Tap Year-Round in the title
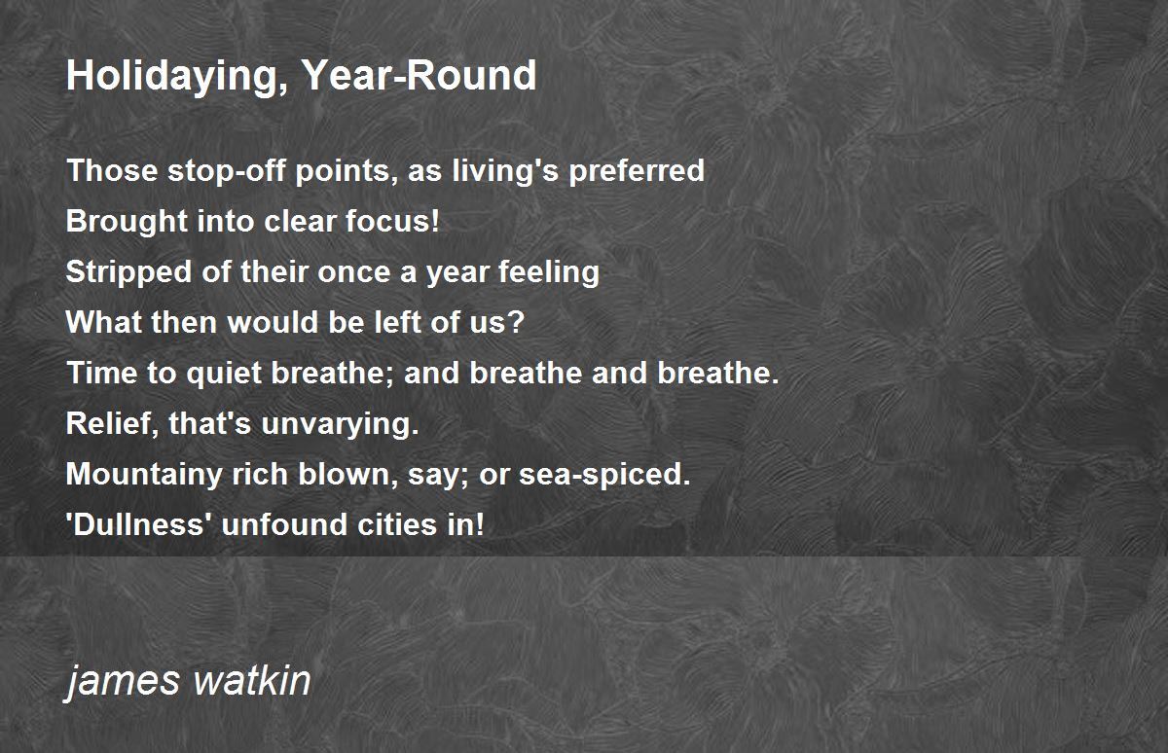[419, 75]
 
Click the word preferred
[637, 172]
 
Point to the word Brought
[127, 222]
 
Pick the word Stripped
[128, 272]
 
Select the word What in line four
[104, 322]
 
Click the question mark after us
[515, 322]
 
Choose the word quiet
[224, 374]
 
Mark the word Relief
[112, 423]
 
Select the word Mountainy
[144, 475]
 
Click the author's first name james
[122, 682]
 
